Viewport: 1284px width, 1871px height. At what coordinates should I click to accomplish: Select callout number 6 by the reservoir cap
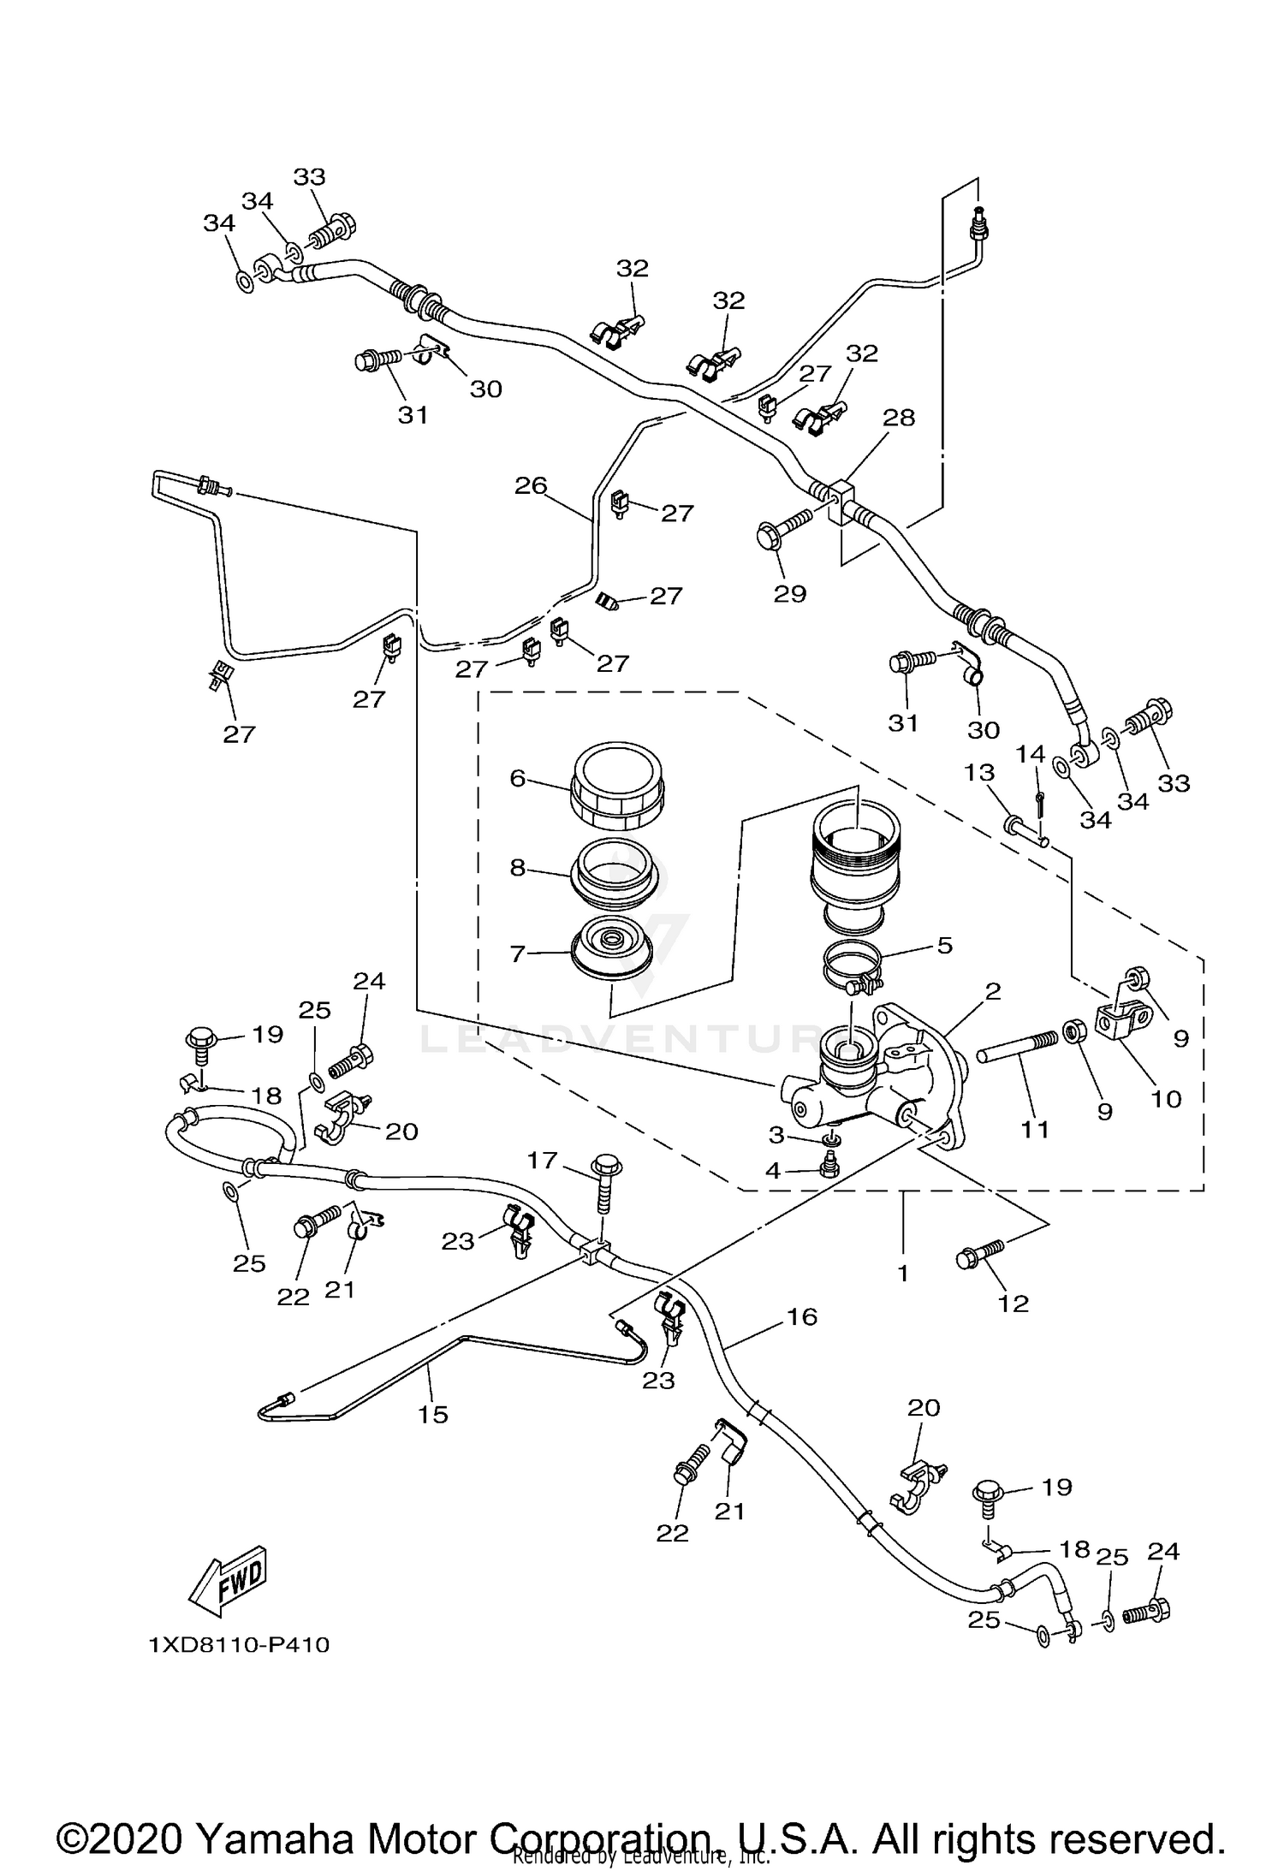click(x=517, y=778)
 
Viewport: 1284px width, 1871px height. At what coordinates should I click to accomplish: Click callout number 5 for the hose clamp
click(x=944, y=945)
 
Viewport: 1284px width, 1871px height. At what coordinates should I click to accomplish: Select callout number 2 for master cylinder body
click(x=992, y=991)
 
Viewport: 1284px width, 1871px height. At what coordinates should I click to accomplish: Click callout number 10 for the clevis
click(x=1166, y=1098)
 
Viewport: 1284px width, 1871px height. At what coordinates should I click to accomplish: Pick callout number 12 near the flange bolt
click(x=1014, y=1303)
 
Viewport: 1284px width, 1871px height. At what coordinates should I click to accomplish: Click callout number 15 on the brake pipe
click(x=433, y=1414)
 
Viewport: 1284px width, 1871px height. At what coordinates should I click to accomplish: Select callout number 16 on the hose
click(x=802, y=1316)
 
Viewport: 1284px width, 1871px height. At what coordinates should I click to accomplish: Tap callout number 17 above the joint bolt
click(x=543, y=1161)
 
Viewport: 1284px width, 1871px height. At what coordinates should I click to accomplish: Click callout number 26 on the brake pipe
click(x=531, y=485)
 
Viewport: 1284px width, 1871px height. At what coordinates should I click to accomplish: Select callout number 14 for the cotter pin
click(x=1031, y=753)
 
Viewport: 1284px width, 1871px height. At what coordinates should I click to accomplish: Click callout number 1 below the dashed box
click(x=902, y=1273)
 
